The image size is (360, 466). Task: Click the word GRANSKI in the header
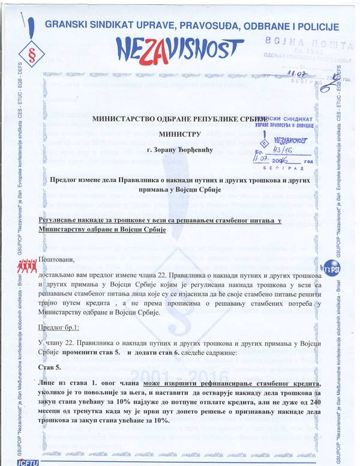[68, 26]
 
